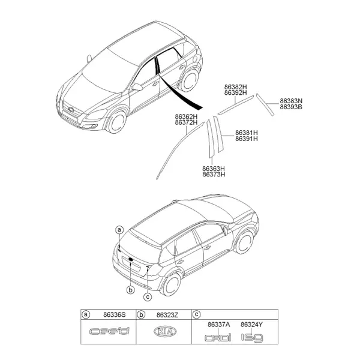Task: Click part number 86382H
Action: click(236, 87)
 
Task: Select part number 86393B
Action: click(291, 107)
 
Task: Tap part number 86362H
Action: click(186, 116)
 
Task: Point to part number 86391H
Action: click(247, 139)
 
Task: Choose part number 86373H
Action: click(214, 175)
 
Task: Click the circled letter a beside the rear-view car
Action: click(119, 230)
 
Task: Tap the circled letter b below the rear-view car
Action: click(130, 290)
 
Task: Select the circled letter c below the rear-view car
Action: click(148, 297)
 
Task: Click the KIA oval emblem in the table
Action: click(165, 332)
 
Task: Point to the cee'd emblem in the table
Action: click(110, 331)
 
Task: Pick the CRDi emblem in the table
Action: click(218, 337)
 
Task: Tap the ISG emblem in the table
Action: click(252, 338)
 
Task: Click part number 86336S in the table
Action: click(115, 314)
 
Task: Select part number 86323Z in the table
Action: click(167, 315)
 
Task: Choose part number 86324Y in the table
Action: click(252, 325)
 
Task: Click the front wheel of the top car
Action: click(118, 122)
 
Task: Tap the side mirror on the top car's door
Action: click(137, 87)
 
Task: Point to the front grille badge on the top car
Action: click(71, 110)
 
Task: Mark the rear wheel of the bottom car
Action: click(172, 284)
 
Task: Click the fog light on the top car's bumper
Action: click(94, 125)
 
